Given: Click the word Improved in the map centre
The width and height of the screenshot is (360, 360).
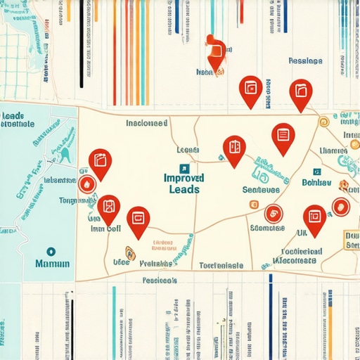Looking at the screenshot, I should (x=184, y=179).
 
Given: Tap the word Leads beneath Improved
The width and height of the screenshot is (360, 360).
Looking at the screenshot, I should (x=184, y=190).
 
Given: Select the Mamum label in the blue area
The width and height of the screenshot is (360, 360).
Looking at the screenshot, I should (x=51, y=264).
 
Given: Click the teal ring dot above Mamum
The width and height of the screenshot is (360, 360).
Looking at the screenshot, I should (x=50, y=250).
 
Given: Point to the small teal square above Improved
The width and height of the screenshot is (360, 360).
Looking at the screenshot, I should (x=184, y=167).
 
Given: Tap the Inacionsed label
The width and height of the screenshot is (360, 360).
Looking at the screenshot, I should (x=146, y=123).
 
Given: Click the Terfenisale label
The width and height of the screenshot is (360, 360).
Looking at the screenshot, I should (x=220, y=266).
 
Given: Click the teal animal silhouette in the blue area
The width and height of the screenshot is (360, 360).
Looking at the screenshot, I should (x=65, y=153).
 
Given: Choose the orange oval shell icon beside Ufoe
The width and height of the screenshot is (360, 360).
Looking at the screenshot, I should (x=129, y=253).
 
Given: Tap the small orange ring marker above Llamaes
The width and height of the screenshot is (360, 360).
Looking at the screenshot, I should (x=323, y=122).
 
